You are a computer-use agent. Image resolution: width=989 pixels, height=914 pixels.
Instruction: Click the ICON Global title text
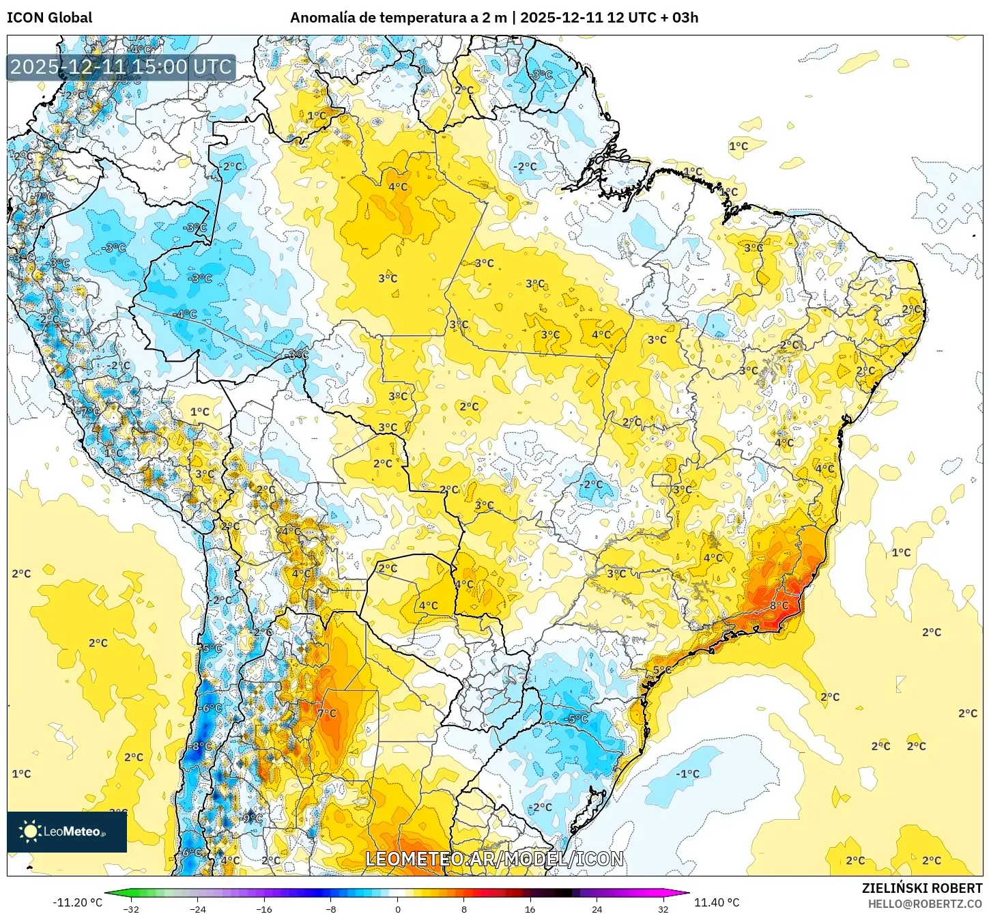(49, 18)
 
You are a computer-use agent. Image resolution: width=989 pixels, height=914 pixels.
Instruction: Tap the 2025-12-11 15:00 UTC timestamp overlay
(121, 67)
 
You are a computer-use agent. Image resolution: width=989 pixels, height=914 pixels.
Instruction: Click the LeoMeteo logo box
(67, 831)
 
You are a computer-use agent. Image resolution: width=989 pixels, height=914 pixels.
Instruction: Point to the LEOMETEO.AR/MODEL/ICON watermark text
(494, 859)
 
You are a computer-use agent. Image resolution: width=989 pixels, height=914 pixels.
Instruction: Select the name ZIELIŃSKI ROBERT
(921, 888)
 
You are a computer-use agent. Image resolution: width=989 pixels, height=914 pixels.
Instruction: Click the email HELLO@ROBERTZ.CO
(925, 904)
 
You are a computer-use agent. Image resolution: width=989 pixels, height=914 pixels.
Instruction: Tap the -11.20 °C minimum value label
(77, 902)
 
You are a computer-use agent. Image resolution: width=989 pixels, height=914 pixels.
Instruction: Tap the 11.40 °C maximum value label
(717, 902)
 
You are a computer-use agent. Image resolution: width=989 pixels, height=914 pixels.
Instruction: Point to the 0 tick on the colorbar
(398, 909)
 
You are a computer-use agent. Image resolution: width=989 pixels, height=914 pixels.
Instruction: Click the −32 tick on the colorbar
(131, 909)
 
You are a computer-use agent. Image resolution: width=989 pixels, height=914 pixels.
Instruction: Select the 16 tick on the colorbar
(530, 909)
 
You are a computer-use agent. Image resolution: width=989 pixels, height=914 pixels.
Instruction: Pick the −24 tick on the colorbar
(197, 909)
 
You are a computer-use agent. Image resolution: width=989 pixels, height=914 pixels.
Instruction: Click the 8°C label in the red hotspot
(779, 605)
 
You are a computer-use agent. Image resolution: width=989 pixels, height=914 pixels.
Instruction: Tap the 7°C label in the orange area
(327, 713)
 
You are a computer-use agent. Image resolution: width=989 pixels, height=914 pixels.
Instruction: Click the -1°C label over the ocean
(687, 774)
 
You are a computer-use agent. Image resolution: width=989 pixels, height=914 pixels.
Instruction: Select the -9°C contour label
(251, 818)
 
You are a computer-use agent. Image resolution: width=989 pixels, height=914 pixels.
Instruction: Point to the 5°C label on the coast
(662, 670)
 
